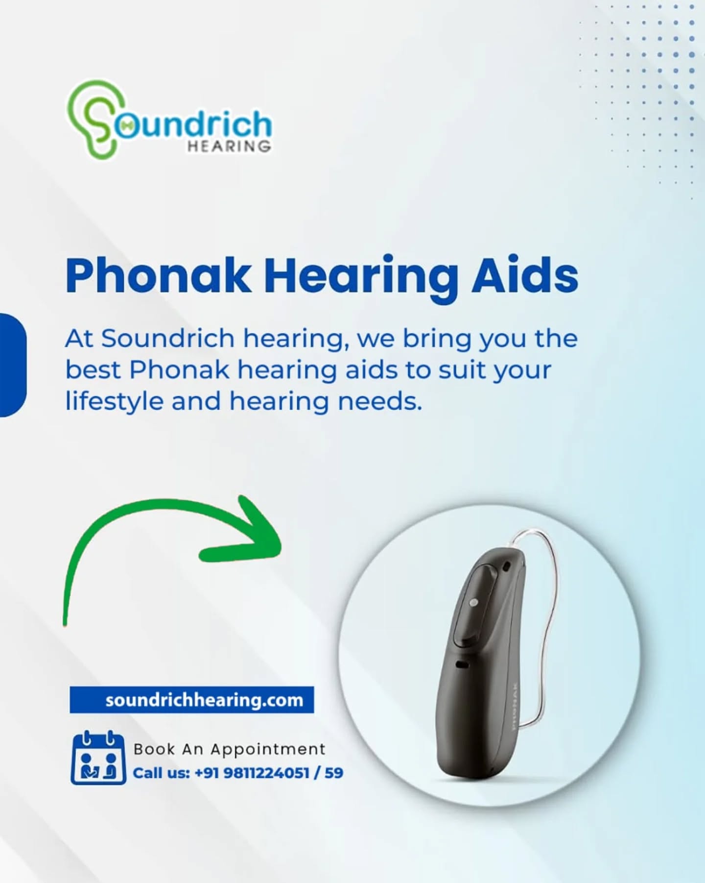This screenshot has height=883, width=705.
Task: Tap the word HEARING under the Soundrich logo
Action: pos(229,146)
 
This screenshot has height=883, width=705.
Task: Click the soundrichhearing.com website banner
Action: pos(192,700)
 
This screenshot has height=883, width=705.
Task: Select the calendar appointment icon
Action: pos(98,758)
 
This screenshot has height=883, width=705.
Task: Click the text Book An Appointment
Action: pos(229,749)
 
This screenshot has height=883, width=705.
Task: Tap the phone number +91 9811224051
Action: pos(252,773)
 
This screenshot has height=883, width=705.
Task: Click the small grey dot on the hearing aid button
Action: pos(473,602)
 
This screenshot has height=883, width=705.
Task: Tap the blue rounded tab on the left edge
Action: pos(13,365)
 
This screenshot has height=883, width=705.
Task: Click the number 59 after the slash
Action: pos(334,773)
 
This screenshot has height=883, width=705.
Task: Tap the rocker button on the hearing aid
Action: pos(475,605)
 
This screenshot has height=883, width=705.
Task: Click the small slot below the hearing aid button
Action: pos(462,665)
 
